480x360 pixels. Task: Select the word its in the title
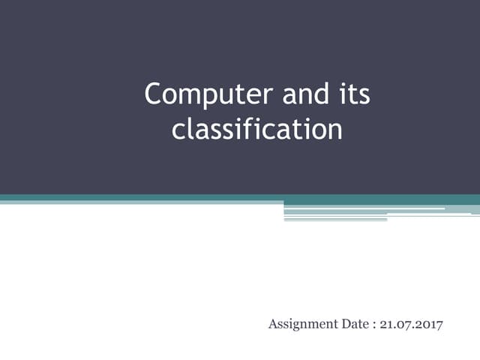[352, 95]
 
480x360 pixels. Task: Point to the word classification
[257, 129]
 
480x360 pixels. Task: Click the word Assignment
[298, 324]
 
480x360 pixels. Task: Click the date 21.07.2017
[412, 324]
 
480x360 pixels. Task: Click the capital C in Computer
[153, 95]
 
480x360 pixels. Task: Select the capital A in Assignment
[272, 324]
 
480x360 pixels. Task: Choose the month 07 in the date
[401, 324]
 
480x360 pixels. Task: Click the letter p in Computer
[202, 97]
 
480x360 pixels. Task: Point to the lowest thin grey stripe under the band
[335, 220]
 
